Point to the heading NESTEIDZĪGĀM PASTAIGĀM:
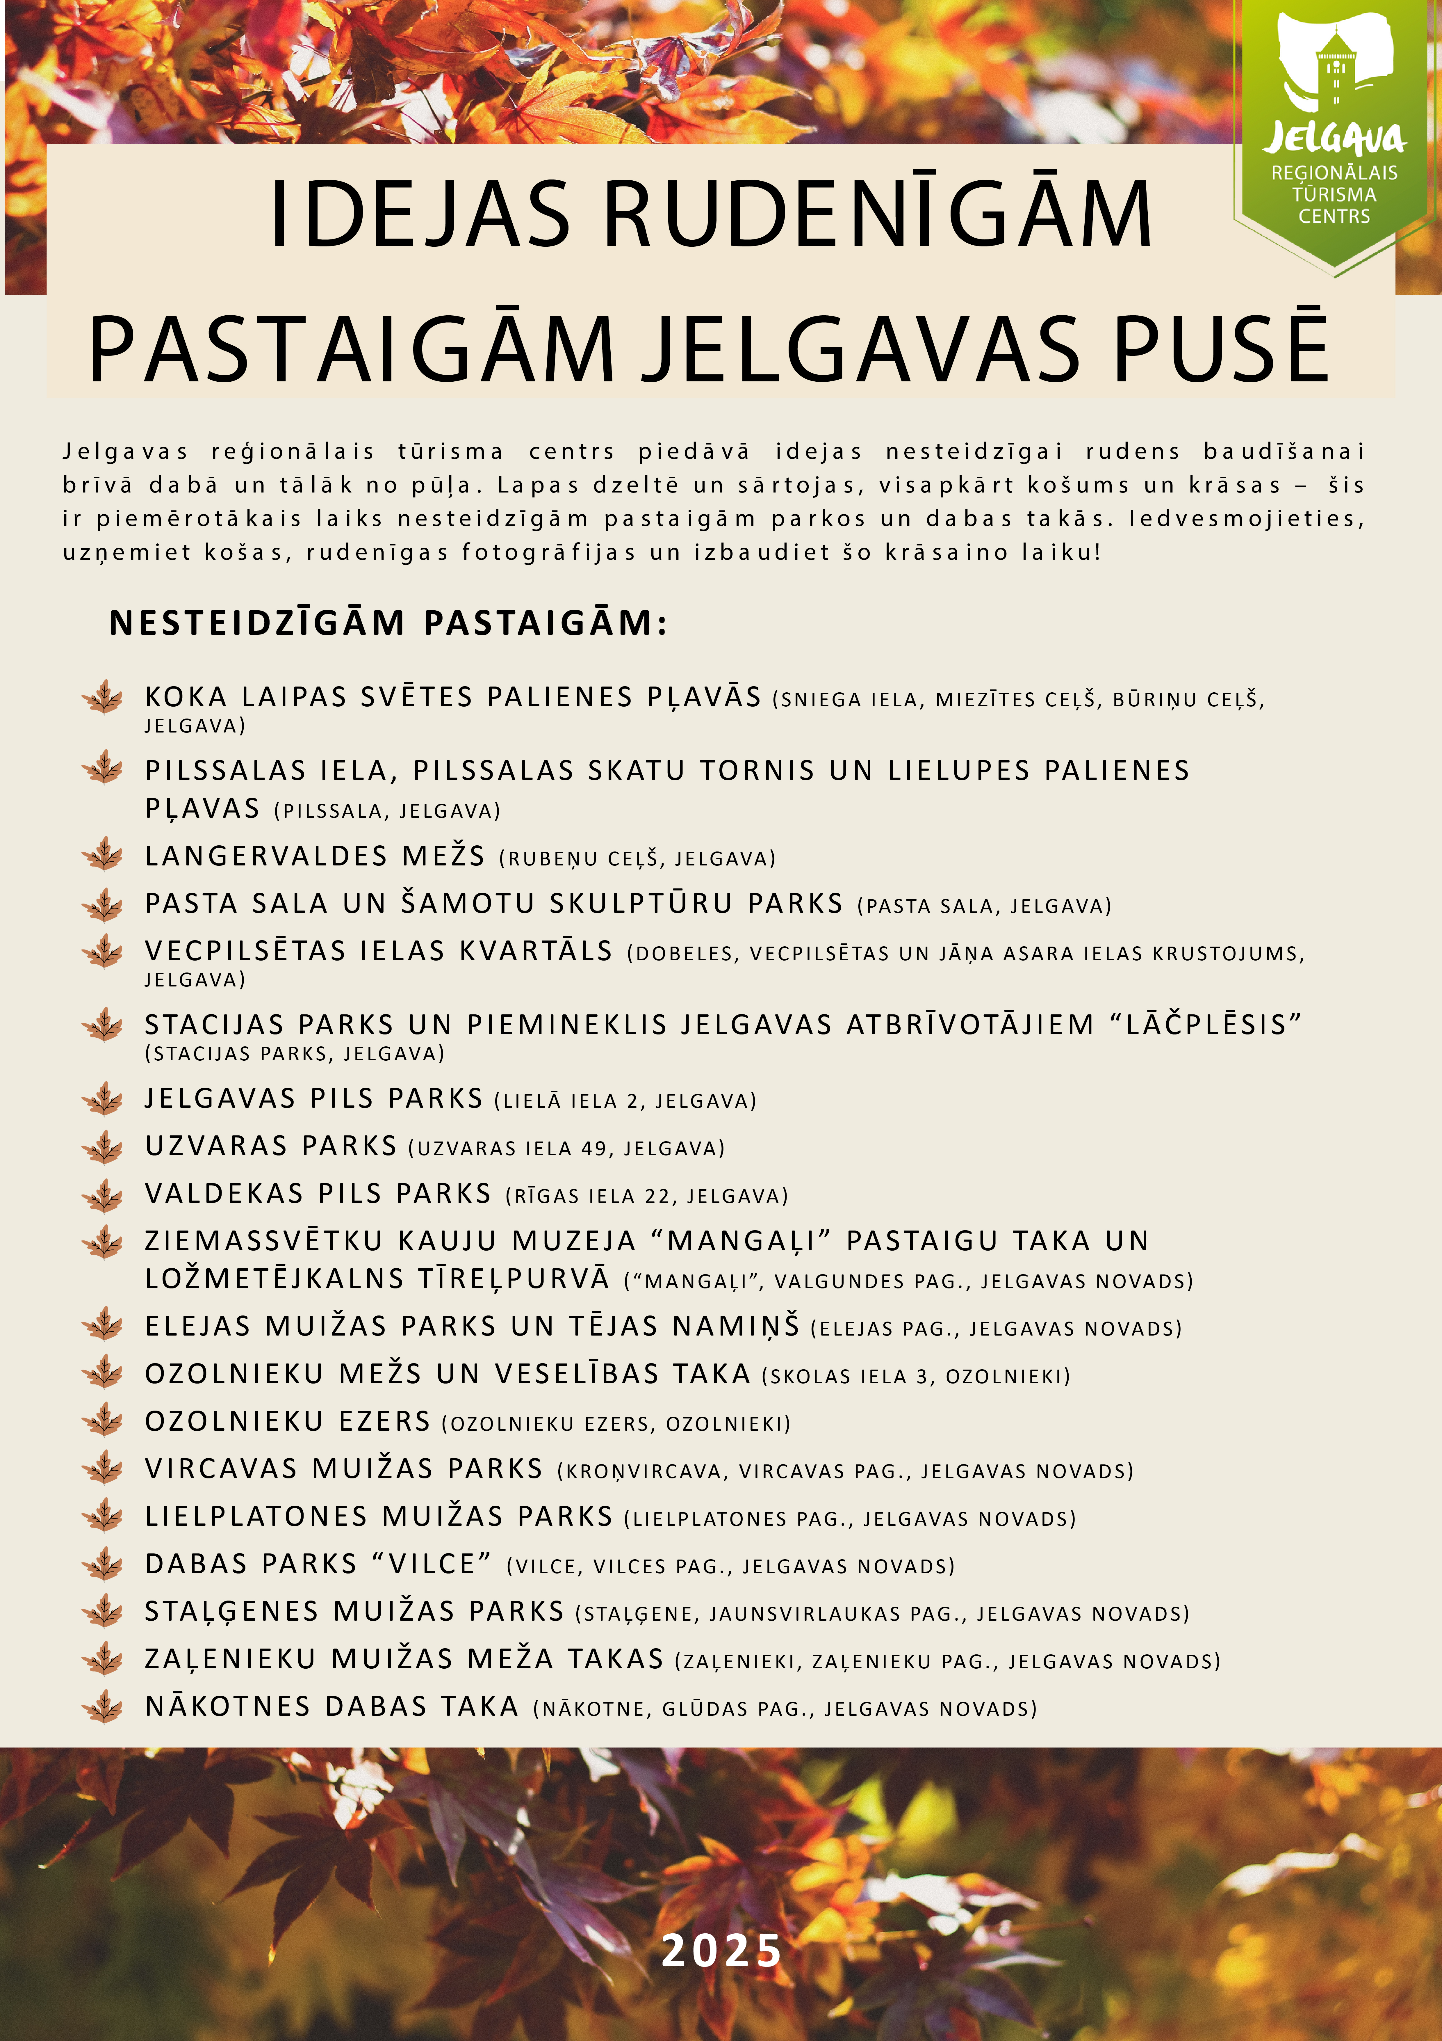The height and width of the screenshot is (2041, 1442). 387,623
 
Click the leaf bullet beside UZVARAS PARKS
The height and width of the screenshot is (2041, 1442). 103,1147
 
